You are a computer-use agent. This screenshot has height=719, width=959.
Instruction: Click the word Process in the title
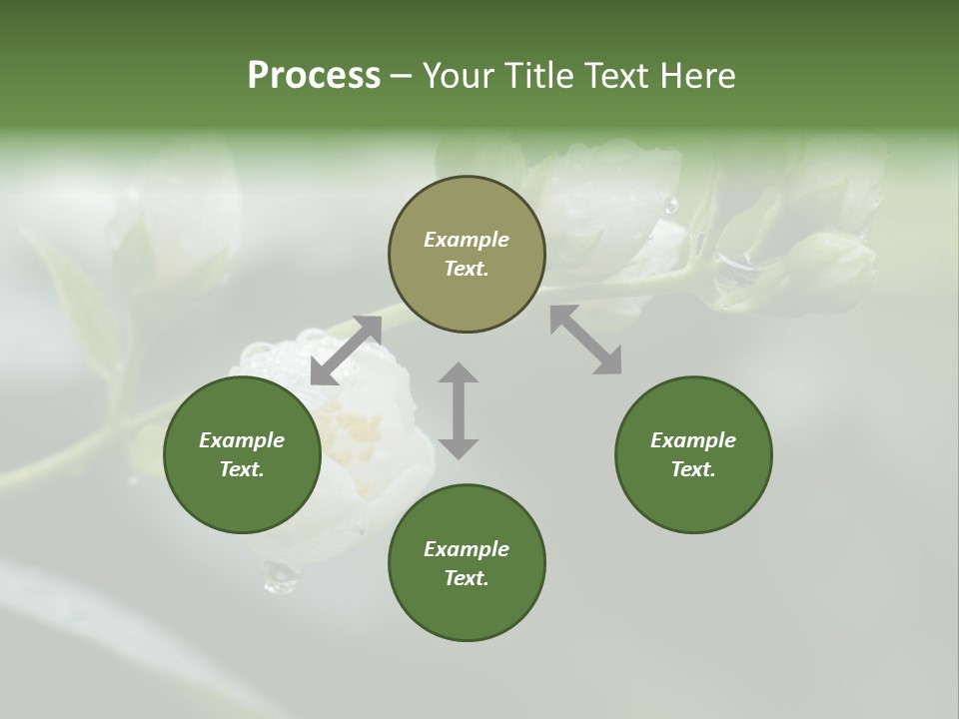[314, 76]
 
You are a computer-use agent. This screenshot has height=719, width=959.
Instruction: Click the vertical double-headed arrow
[459, 410]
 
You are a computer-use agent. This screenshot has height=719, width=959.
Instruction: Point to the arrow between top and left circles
[346, 351]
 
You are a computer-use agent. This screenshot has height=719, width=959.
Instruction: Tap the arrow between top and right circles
[585, 340]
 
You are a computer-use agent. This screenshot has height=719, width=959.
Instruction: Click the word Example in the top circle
[467, 240]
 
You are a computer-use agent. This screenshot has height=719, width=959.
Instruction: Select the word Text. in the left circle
[242, 469]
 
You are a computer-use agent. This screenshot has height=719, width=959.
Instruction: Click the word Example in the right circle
[693, 440]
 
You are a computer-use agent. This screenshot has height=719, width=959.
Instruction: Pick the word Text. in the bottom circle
[467, 578]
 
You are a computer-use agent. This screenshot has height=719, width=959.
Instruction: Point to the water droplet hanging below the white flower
[279, 576]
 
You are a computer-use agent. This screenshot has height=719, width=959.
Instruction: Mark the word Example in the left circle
[242, 440]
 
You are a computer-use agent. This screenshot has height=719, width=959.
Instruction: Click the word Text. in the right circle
[693, 469]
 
